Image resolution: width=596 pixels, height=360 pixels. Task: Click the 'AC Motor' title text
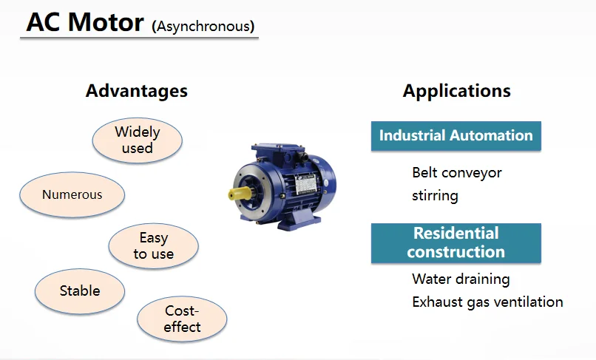coord(84,22)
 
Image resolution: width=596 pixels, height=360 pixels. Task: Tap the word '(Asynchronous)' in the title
coord(203,27)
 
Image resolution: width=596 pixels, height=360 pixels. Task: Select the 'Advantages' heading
coord(136,91)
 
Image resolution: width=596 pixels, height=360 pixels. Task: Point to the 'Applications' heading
coord(456,91)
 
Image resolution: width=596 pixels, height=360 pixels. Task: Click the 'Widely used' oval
coord(137,140)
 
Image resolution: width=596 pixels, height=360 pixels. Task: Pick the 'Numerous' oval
coord(72,195)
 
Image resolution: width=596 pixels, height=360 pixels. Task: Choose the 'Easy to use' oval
coord(153,246)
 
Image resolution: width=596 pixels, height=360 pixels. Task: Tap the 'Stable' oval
coord(79,291)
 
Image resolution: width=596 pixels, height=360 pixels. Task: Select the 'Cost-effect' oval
coord(182,319)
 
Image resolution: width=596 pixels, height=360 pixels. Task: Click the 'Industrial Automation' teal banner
coord(456,136)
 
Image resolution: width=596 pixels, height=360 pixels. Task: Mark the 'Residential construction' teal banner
coord(456,242)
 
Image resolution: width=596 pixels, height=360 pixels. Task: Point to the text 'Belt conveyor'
coord(456,173)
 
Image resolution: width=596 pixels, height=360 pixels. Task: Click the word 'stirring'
coord(435,196)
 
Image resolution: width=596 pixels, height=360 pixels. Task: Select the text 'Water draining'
coord(460,279)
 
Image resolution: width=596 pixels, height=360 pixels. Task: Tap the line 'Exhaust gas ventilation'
coord(487,302)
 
